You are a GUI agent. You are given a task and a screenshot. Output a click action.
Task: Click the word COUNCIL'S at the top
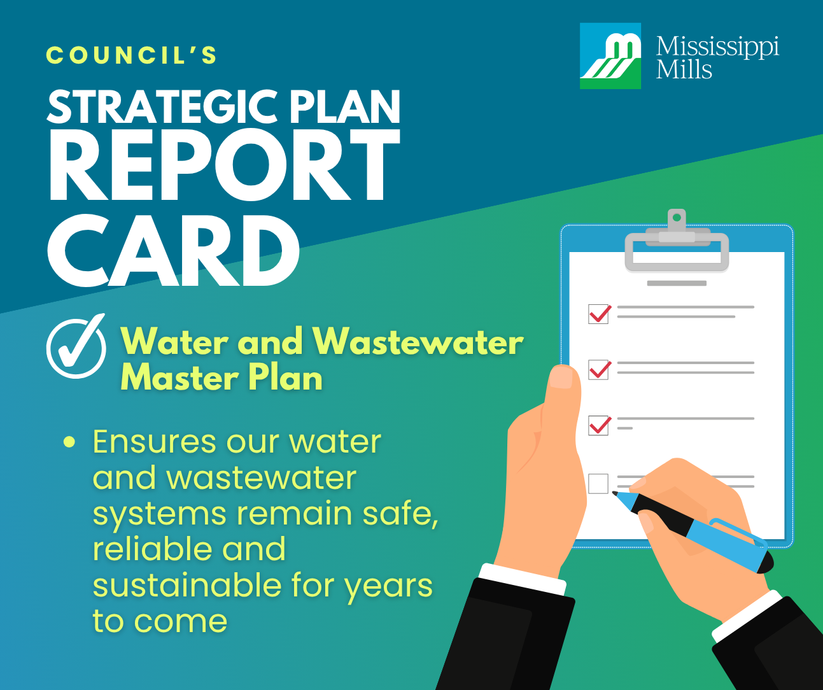tap(132, 55)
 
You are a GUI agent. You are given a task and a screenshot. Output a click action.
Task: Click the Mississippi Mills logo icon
tap(610, 56)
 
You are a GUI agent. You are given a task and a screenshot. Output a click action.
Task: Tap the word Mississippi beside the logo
tap(717, 46)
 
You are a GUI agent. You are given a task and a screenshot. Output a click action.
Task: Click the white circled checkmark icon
tap(76, 347)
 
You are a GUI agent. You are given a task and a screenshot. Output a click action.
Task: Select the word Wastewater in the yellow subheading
tap(418, 342)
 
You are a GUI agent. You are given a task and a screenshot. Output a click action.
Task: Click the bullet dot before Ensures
tap(69, 442)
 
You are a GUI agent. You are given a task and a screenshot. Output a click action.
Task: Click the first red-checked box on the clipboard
tap(599, 314)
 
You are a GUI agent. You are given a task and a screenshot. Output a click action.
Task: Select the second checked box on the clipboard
tap(599, 369)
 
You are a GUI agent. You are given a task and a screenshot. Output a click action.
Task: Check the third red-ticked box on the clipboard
tap(599, 425)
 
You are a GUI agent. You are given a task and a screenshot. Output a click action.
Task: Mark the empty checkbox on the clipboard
tap(598, 484)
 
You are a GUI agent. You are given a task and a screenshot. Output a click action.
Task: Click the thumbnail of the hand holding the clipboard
tap(561, 377)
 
